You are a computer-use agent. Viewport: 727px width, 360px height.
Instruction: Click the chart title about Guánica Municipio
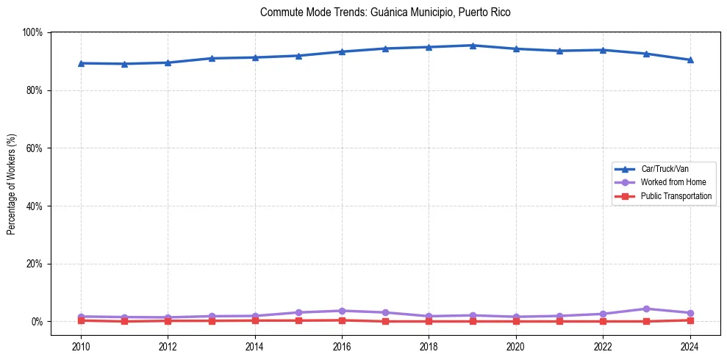[x=385, y=12]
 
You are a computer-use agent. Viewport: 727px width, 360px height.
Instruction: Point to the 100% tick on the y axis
[x=32, y=32]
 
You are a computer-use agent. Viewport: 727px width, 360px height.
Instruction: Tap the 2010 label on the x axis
[x=81, y=346]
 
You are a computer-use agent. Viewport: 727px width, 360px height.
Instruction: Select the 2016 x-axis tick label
[x=342, y=346]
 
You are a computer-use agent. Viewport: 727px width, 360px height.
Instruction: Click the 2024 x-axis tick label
[x=690, y=346]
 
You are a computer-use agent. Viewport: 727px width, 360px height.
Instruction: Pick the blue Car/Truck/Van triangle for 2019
[x=473, y=46]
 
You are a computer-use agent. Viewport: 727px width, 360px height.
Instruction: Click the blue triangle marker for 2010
[x=81, y=63]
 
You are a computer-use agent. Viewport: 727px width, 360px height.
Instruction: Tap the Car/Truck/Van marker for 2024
[x=690, y=60]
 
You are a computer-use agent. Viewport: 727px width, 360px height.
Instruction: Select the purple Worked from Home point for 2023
[x=646, y=309]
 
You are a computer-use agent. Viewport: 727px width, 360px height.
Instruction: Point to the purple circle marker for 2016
[x=342, y=311]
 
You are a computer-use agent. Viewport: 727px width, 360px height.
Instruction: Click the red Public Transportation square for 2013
[x=212, y=320]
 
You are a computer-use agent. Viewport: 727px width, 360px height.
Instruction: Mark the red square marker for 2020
[x=516, y=321]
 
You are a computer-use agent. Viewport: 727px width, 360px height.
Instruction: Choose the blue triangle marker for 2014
[x=255, y=57]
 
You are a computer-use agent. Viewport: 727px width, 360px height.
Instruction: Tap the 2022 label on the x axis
[x=603, y=346]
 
